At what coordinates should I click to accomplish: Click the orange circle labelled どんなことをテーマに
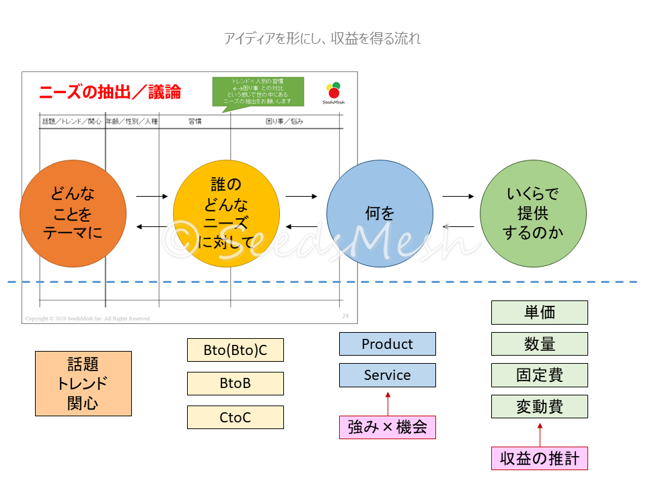coord(73,214)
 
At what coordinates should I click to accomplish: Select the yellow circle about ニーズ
coord(226,214)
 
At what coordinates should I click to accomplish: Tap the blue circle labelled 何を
coord(380,214)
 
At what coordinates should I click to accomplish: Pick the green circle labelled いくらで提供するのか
coord(533,214)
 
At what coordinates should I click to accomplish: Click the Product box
coord(387,344)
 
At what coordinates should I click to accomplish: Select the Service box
coord(387,375)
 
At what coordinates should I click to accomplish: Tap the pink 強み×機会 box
coord(387,427)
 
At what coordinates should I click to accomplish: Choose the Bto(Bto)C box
coord(235,350)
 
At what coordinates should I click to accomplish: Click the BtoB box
coord(235,383)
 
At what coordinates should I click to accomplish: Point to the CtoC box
coord(235,418)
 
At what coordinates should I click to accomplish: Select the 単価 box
coord(539,313)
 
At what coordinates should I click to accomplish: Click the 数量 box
coord(539,344)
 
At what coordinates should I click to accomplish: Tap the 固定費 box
coord(539,375)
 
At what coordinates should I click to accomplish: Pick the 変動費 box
coord(539,407)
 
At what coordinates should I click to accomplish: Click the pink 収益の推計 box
coord(539,459)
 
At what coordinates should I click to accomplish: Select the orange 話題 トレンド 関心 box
coord(83,383)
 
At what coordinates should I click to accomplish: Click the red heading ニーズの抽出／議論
coord(110,92)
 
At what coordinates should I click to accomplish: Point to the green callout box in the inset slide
coord(258,92)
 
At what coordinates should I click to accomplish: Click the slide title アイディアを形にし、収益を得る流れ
coord(322,38)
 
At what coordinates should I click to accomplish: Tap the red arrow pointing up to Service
coord(388,401)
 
